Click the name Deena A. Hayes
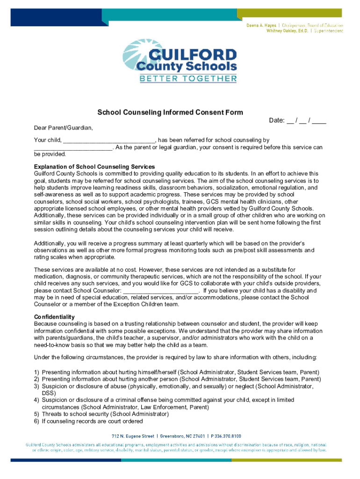click(263, 25)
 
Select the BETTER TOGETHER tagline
click(188, 79)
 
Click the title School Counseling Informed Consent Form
click(170, 112)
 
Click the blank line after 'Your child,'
click(109, 140)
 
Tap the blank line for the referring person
click(73, 147)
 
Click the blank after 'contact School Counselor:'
click(160, 290)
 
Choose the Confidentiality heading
click(54, 317)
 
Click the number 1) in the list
click(36, 372)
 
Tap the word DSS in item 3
click(49, 393)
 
